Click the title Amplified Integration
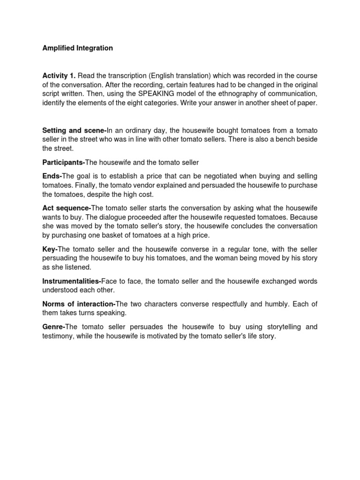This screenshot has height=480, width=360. tap(77, 48)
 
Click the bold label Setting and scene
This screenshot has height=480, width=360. tap(74, 130)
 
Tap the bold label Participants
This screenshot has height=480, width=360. tap(63, 162)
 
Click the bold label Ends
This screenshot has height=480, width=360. tap(51, 176)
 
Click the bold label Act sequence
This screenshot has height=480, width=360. tap(66, 208)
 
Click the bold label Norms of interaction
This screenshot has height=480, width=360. tap(78, 304)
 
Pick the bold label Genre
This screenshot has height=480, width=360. tap(52, 327)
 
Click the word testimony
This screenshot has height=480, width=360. tap(58, 336)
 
